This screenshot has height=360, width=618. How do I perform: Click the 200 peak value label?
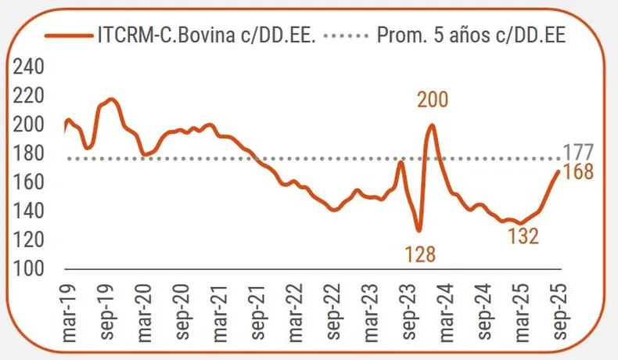click(433, 100)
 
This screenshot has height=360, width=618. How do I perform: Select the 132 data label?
click(523, 236)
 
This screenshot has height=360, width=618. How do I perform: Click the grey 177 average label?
click(579, 152)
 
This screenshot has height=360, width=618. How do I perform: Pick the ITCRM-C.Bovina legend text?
click(207, 35)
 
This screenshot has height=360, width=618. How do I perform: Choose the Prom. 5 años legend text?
click(472, 35)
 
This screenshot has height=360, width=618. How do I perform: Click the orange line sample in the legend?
click(68, 35)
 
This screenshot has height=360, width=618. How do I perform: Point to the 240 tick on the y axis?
click(30, 67)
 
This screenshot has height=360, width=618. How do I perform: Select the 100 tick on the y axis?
click(30, 269)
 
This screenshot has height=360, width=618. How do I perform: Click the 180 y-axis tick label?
click(30, 153)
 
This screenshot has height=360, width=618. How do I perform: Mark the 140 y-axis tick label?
click(30, 211)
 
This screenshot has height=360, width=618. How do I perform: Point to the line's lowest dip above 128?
click(419, 230)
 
